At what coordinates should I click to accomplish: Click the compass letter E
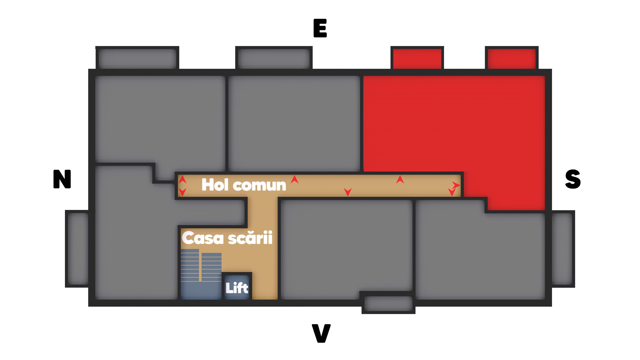(x=320, y=28)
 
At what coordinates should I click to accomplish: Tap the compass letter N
(x=62, y=179)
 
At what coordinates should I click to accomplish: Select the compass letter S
(x=572, y=179)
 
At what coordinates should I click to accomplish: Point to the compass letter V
(x=321, y=333)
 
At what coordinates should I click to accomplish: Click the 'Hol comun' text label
(x=244, y=185)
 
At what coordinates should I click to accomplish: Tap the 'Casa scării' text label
(x=227, y=238)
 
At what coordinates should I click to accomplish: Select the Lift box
(x=237, y=288)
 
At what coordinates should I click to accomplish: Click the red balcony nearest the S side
(x=512, y=59)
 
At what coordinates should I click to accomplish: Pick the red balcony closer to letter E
(x=417, y=59)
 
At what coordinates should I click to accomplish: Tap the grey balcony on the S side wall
(x=562, y=249)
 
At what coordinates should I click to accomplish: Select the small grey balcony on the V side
(x=388, y=303)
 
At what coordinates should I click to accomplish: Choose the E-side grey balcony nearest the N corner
(x=137, y=59)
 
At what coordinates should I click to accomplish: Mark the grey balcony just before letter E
(x=274, y=59)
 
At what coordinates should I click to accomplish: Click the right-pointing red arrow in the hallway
(x=456, y=185)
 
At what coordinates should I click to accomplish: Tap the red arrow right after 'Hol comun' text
(x=295, y=180)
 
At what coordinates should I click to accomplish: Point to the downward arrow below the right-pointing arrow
(x=452, y=192)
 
